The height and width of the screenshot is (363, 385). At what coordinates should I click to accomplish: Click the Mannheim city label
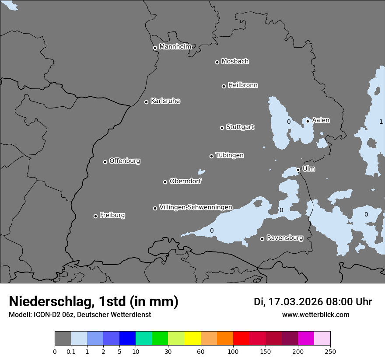175,47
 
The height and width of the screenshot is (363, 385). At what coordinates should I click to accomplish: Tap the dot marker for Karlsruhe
147,102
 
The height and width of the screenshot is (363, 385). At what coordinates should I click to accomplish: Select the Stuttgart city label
240,127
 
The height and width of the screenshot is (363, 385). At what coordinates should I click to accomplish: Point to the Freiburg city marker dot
96,216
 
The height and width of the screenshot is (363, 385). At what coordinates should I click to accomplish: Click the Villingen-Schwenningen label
196,207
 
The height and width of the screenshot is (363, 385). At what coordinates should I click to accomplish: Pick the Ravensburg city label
284,238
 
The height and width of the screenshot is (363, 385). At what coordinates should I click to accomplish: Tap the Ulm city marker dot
298,170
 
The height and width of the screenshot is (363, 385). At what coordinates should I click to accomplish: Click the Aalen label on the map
321,120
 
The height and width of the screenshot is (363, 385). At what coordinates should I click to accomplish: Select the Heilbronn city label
243,85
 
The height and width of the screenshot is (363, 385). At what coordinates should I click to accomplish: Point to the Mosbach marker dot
217,62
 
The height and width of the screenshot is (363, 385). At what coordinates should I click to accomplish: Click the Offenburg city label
125,161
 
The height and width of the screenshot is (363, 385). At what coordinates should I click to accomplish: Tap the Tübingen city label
230,155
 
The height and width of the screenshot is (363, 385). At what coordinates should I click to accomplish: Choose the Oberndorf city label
185,181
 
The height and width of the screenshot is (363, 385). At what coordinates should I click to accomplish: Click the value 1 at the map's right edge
381,122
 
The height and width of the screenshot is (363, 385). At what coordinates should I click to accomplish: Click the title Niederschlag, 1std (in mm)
94,301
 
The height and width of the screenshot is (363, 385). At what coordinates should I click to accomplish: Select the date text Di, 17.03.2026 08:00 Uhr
313,302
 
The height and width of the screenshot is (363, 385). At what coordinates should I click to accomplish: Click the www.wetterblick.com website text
315,315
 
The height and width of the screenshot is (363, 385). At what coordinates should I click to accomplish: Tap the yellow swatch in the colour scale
192,339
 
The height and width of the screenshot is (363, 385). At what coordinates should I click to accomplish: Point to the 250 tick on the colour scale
330,351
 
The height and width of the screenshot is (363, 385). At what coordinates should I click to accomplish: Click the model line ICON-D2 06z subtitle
80,315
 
